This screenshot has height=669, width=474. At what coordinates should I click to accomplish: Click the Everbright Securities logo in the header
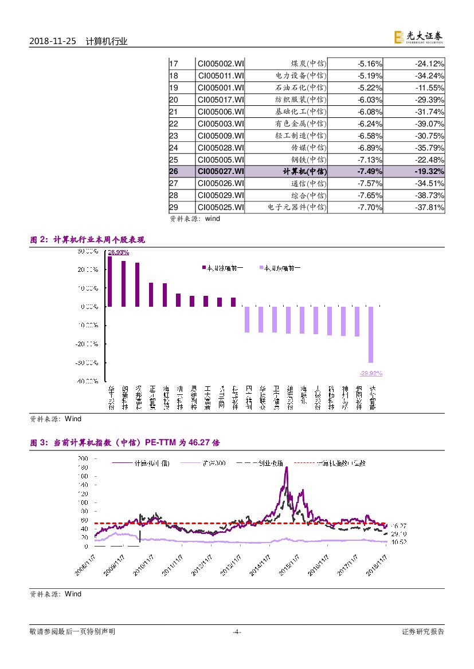pyautogui.click(x=418, y=37)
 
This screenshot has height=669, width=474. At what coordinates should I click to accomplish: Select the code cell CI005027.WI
pyautogui.click(x=221, y=171)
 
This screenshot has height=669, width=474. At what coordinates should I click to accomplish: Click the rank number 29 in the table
pyautogui.click(x=174, y=207)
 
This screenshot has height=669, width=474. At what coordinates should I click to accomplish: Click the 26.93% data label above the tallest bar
pyautogui.click(x=118, y=252)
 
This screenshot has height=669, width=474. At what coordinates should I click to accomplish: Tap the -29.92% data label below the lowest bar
pyautogui.click(x=371, y=373)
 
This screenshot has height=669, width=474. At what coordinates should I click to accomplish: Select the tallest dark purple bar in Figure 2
pyautogui.click(x=109, y=281)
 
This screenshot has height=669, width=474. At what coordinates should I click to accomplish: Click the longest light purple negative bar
pyautogui.click(x=371, y=334)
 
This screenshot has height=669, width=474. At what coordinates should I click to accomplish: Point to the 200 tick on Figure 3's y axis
pyautogui.click(x=83, y=458)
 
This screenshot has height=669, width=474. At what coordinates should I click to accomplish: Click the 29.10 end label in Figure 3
pyautogui.click(x=399, y=534)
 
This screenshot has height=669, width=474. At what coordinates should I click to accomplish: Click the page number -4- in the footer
pyautogui.click(x=236, y=632)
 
